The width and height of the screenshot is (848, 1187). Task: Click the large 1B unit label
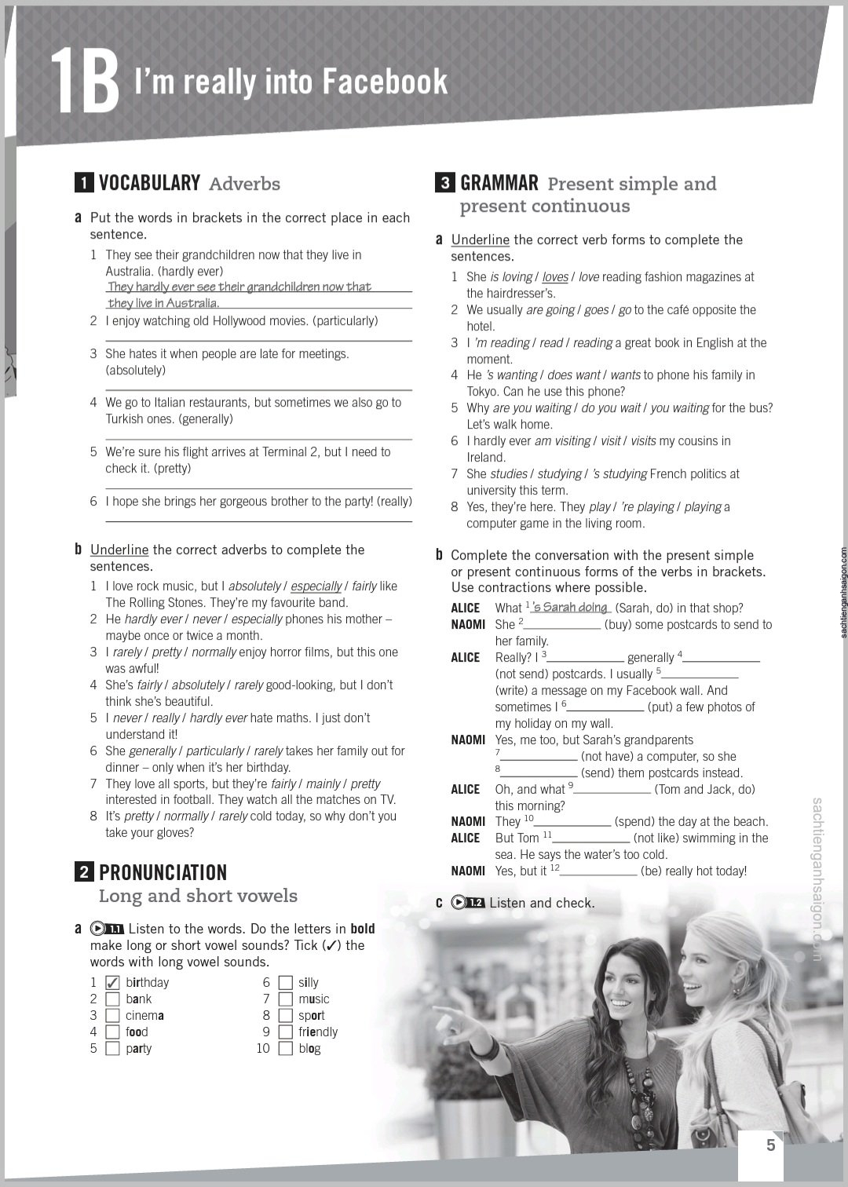pyautogui.click(x=85, y=81)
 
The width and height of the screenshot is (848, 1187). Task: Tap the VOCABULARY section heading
pyautogui.click(x=149, y=183)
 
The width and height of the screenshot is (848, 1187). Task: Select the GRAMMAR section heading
pyautogui.click(x=499, y=183)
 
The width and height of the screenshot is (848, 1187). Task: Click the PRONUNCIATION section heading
pyautogui.click(x=163, y=872)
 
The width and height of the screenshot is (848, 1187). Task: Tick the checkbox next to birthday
pyautogui.click(x=112, y=983)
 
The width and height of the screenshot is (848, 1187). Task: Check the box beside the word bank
pyautogui.click(x=112, y=999)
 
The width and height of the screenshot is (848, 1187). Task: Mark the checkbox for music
pyautogui.click(x=285, y=999)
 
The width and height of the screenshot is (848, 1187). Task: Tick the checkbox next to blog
pyautogui.click(x=285, y=1049)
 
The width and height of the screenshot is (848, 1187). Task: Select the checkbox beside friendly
pyautogui.click(x=285, y=1032)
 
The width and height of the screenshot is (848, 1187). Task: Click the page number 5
pyautogui.click(x=770, y=1145)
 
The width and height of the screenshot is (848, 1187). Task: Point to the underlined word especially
pyautogui.click(x=316, y=586)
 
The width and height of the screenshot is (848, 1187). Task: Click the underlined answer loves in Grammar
pyautogui.click(x=555, y=277)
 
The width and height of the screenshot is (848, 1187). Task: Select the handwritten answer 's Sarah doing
pyautogui.click(x=570, y=608)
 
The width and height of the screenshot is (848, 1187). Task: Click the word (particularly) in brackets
pyautogui.click(x=345, y=321)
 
